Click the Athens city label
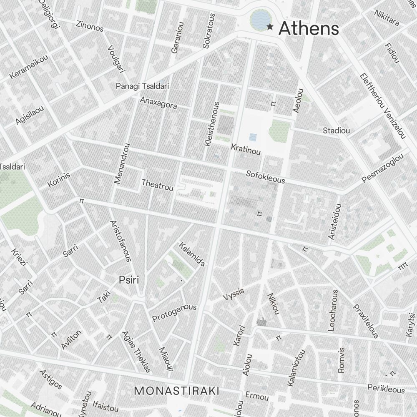pyautogui.click(x=308, y=28)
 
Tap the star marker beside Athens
pyautogui.click(x=270, y=27)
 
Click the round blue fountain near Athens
pyautogui.click(x=261, y=20)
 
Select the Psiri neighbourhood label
pyautogui.click(x=129, y=280)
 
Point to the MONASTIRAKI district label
pyautogui.click(x=177, y=391)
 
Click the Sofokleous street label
pyautogui.click(x=266, y=177)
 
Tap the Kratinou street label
pyautogui.click(x=246, y=149)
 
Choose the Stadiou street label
pyautogui.click(x=336, y=131)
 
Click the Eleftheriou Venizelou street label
pyautogui.click(x=382, y=106)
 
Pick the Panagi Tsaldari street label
pyautogui.click(x=142, y=86)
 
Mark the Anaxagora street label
pyautogui.click(x=158, y=103)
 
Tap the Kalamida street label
pyautogui.click(x=191, y=254)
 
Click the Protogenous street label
pyautogui.click(x=174, y=313)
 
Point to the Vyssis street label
pyautogui.click(x=233, y=294)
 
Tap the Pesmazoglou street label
pyautogui.click(x=383, y=168)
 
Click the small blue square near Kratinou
pyautogui.click(x=253, y=137)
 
